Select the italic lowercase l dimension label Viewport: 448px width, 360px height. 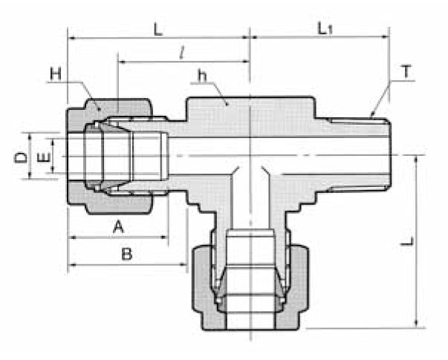click(181, 53)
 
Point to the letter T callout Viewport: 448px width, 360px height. click(406, 72)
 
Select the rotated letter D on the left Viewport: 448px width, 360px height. click(22, 157)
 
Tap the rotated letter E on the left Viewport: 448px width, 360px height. click(43, 157)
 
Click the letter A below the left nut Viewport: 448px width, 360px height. click(117, 226)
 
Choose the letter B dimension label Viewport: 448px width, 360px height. click(126, 254)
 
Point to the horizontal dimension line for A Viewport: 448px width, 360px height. click(119, 238)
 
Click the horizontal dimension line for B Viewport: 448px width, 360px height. click(126, 265)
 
